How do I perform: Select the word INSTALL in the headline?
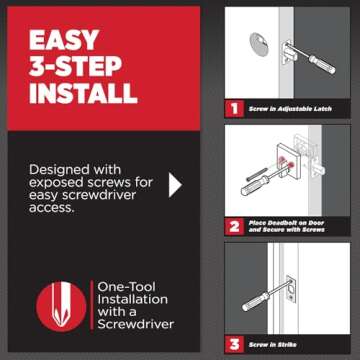(x=82, y=94)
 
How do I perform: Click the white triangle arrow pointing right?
(x=176, y=184)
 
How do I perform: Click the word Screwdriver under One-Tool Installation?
(x=135, y=324)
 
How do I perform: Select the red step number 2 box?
(x=232, y=226)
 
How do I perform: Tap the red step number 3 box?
(x=232, y=344)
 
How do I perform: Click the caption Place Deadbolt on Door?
(x=291, y=222)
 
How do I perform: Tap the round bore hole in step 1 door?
(x=257, y=45)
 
